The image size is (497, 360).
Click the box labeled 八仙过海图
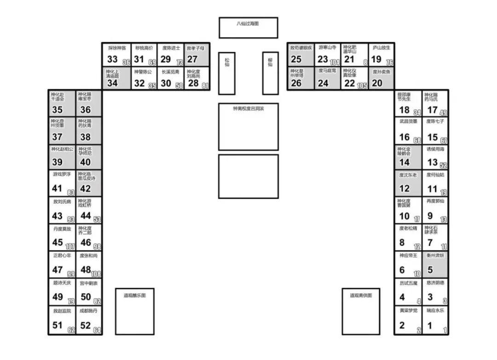click(x=248, y=28)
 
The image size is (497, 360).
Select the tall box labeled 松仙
click(x=227, y=73)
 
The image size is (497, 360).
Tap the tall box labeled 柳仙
click(x=270, y=73)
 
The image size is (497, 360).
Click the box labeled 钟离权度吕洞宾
click(x=248, y=126)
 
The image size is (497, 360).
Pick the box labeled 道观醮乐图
click(x=134, y=311)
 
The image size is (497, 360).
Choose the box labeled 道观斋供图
click(x=360, y=311)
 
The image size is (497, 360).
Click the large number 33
click(x=113, y=59)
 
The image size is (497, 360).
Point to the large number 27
click(x=192, y=59)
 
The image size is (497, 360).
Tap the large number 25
click(x=296, y=59)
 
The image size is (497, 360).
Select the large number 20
click(x=377, y=83)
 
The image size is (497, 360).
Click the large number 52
click(x=86, y=325)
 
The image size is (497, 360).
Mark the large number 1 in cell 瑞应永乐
click(x=430, y=326)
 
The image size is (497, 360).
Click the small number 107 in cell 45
click(x=70, y=247)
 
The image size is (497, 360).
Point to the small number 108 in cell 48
click(x=97, y=274)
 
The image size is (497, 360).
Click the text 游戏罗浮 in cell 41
click(x=62, y=174)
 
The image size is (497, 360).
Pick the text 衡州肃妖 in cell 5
click(x=435, y=255)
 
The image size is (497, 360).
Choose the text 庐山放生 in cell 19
click(x=381, y=47)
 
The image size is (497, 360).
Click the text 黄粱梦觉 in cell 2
click(x=408, y=310)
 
